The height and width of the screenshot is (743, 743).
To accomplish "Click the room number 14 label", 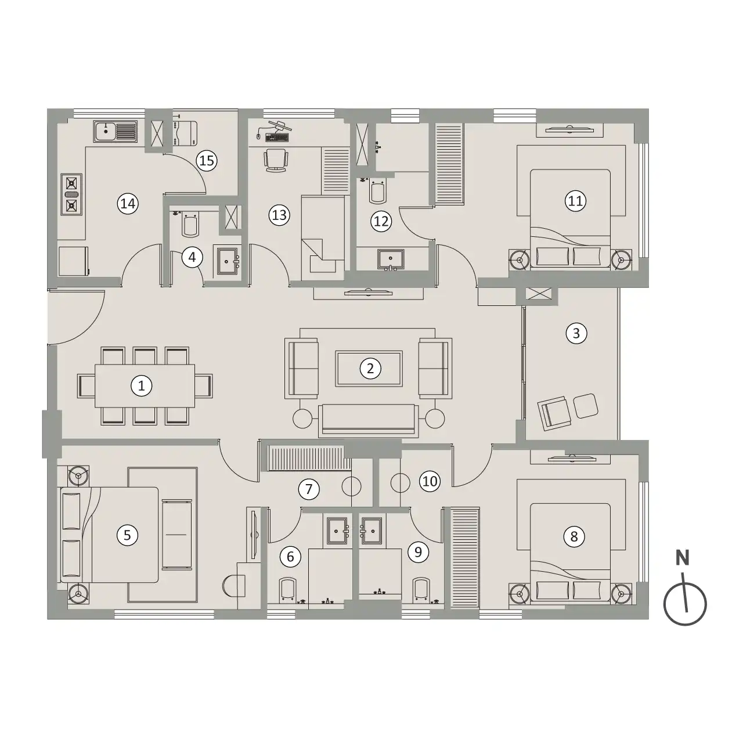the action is click(x=128, y=204).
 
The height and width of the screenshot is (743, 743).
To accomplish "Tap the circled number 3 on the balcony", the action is click(x=576, y=333).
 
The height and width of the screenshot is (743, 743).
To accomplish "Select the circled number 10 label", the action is click(x=430, y=481).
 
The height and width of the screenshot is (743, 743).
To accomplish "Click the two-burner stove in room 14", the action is click(x=71, y=194).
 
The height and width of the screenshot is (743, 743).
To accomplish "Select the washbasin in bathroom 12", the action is click(x=391, y=259).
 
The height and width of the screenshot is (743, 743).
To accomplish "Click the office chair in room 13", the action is click(x=276, y=161).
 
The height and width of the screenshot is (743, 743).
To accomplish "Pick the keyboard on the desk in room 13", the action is click(x=277, y=137).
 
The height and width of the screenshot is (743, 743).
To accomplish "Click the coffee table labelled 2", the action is click(x=369, y=369).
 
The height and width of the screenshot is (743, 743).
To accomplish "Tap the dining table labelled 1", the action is click(x=145, y=386).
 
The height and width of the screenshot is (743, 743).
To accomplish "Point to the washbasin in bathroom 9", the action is click(x=371, y=531).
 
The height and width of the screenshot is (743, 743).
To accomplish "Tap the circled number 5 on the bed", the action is click(x=127, y=535).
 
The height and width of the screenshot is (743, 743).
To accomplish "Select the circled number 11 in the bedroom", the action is click(x=576, y=201).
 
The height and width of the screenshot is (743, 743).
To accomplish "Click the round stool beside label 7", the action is click(x=351, y=486).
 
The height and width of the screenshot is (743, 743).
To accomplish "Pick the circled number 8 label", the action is click(x=574, y=537).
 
